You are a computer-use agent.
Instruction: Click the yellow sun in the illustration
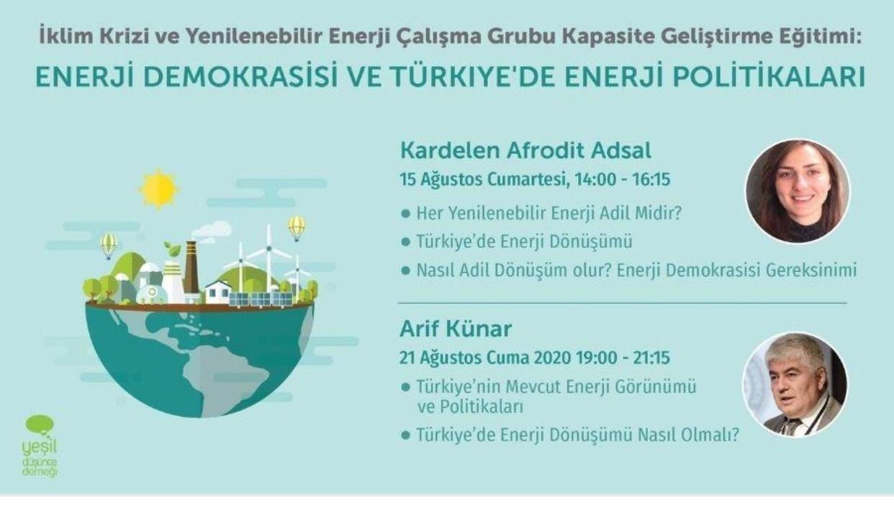[158, 188]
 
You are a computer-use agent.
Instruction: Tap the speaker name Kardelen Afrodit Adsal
[525, 151]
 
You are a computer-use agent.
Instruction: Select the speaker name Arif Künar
[456, 329]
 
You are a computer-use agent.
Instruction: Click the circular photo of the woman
[798, 191]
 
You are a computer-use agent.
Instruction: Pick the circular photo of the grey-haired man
[795, 385]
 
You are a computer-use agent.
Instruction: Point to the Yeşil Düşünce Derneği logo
[40, 445]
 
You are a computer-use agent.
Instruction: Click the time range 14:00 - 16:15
[622, 180]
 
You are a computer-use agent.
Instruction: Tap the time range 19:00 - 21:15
[623, 358]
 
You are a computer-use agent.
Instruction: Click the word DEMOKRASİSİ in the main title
[239, 77]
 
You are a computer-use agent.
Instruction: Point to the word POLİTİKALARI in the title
[769, 77]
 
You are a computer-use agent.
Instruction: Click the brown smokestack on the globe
[191, 267]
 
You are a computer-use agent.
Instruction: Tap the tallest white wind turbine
[269, 259]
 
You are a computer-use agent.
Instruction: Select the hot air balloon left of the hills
[109, 244]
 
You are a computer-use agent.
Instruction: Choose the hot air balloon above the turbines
[297, 227]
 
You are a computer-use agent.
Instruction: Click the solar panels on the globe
[261, 299]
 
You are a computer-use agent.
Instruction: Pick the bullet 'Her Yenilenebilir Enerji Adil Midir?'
[541, 213]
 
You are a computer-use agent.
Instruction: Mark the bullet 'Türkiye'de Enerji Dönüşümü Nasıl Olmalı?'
[571, 435]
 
